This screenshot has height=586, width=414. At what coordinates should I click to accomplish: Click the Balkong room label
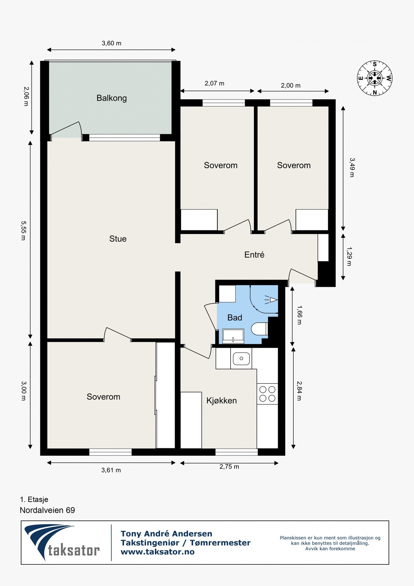(112, 98)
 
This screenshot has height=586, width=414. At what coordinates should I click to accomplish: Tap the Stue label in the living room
(118, 239)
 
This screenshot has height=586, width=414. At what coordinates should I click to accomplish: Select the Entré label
(254, 255)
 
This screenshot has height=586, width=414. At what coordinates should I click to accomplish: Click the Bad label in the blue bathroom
(234, 317)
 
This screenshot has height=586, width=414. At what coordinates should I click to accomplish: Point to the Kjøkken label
(221, 400)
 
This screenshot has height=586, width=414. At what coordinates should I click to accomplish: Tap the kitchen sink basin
(241, 358)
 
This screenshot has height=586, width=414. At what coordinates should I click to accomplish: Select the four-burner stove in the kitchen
(267, 394)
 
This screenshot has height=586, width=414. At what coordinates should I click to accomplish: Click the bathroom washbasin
(233, 336)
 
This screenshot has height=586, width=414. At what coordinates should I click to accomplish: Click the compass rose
(375, 78)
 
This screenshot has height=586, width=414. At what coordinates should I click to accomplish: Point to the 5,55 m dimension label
(23, 230)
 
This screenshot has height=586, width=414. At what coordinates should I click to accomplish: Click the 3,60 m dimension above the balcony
(112, 43)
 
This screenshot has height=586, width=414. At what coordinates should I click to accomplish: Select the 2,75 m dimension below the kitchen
(229, 467)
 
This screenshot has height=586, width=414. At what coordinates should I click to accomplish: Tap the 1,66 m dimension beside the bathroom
(300, 315)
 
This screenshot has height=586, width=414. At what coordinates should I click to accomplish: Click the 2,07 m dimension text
(214, 83)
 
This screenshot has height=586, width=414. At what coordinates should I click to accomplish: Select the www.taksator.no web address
(157, 552)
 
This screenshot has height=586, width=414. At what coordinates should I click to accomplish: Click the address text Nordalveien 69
(47, 510)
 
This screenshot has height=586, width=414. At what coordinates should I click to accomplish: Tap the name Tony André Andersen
(167, 534)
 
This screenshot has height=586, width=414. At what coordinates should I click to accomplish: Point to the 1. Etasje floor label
(34, 499)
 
